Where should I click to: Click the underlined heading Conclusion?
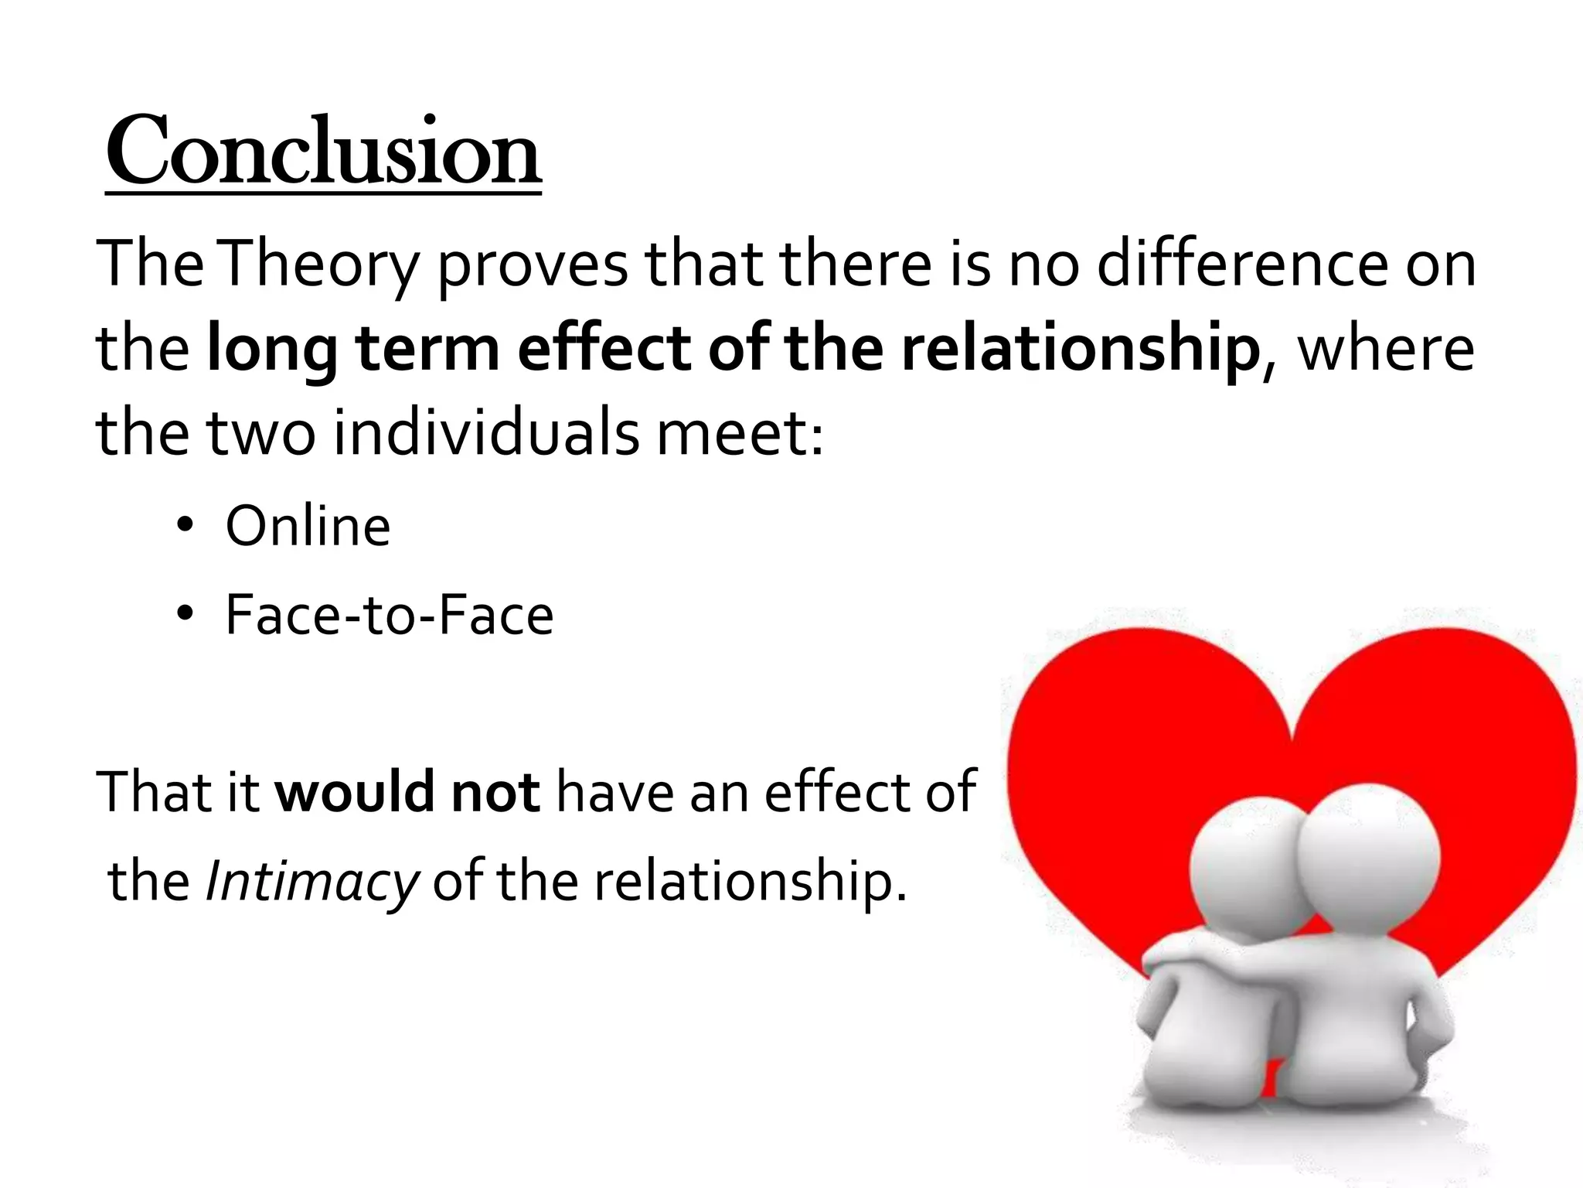[x=323, y=152]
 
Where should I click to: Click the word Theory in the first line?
[x=320, y=265]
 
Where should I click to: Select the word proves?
[x=533, y=265]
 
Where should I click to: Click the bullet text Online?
[x=308, y=527]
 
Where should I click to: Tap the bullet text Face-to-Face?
[x=389, y=616]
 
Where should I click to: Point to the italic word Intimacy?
[x=311, y=882]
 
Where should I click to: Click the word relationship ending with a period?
[x=742, y=882]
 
